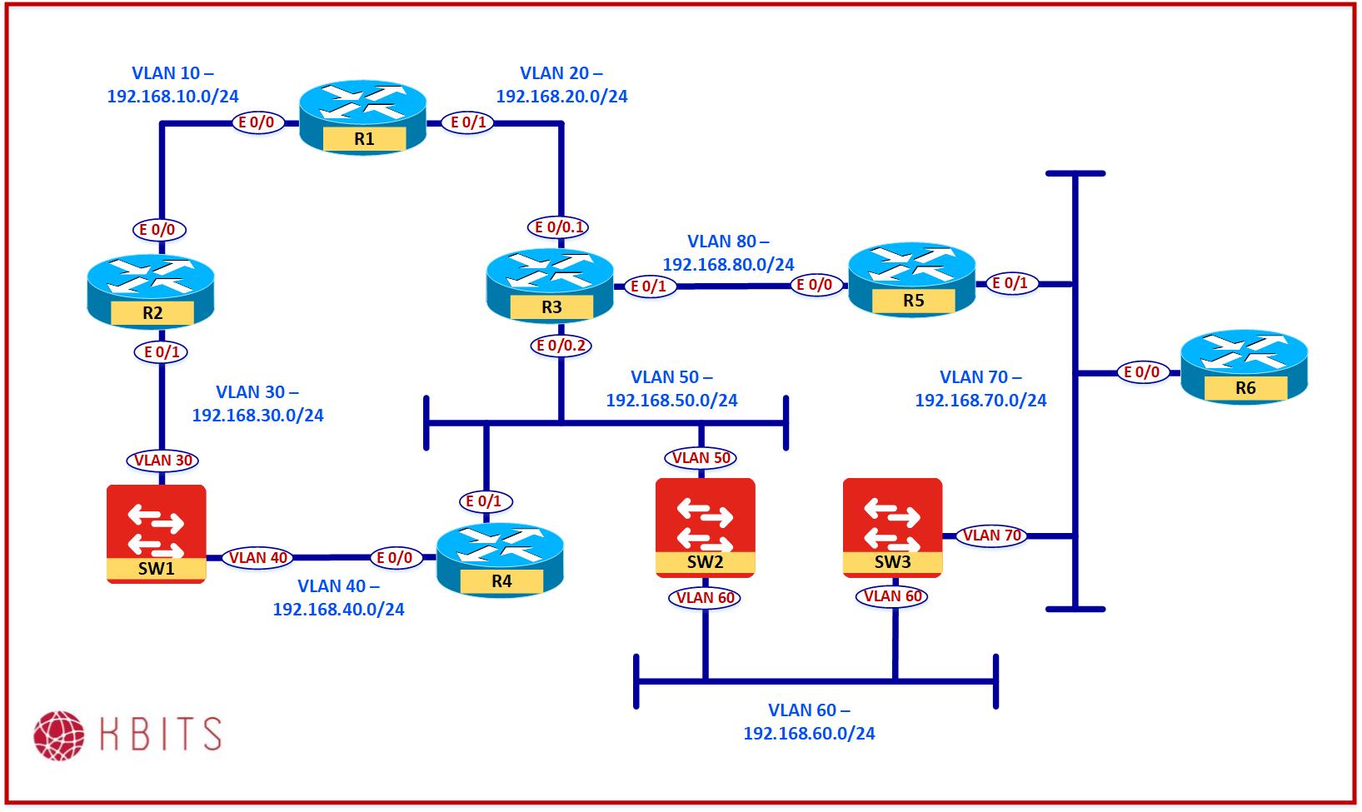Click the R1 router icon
363,117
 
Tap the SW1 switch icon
157,533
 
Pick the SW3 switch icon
892,526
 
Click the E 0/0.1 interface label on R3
561,227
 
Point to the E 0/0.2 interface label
561,345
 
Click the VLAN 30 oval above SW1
163,460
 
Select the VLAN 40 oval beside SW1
259,557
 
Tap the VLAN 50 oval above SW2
701,457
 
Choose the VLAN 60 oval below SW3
893,596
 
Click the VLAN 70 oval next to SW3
991,536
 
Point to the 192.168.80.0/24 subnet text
728,265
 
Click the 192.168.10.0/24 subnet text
173,97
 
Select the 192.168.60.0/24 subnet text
809,734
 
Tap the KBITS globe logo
59,735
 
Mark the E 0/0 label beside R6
1141,372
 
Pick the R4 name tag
501,581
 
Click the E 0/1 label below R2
162,352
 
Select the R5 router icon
911,279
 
